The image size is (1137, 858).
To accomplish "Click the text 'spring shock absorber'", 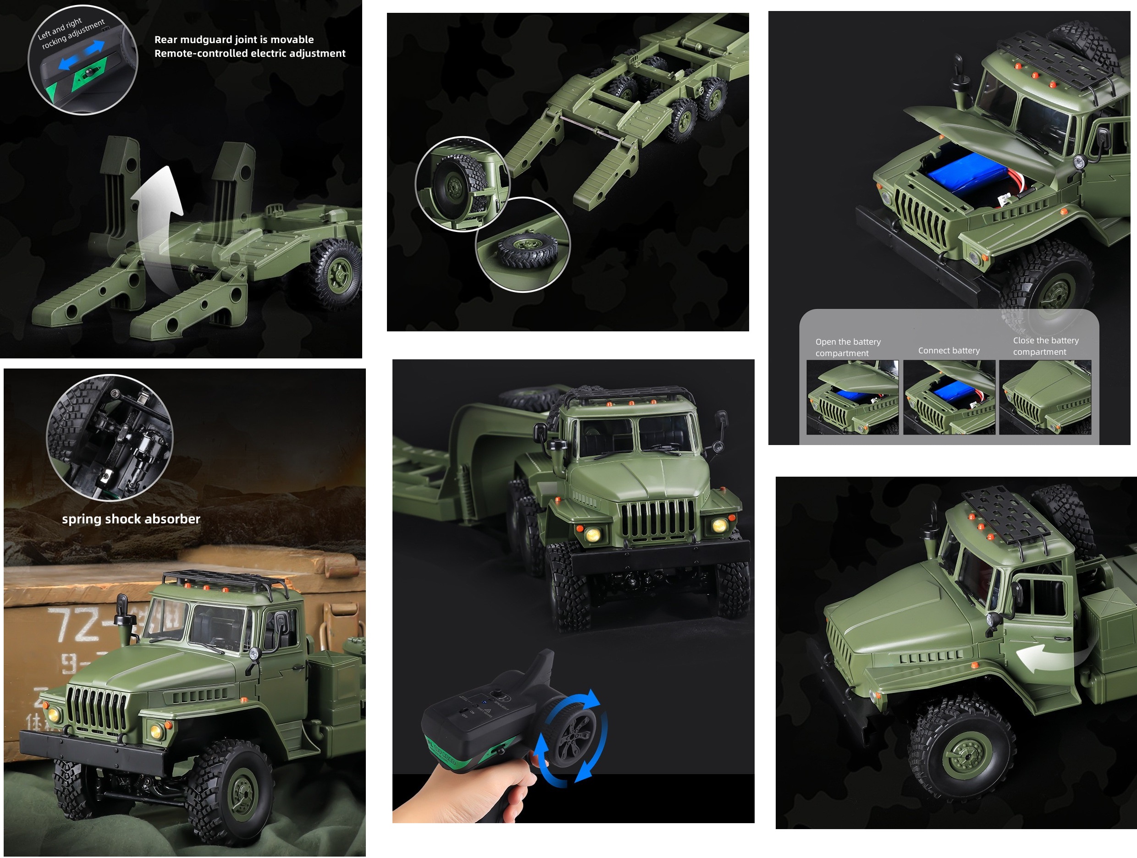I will [131, 519].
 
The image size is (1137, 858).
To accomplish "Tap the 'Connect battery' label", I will [949, 350].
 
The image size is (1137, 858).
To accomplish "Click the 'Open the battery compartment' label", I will [848, 347].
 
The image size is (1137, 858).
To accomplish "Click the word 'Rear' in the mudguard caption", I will [166, 39].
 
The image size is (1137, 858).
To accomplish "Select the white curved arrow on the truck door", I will [1043, 657].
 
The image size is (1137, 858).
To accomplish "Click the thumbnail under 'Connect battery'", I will [949, 397].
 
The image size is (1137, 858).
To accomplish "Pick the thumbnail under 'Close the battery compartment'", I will [1044, 397].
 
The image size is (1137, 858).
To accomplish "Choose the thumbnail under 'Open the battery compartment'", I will [852, 397].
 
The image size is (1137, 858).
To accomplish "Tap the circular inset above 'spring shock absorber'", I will [110, 438].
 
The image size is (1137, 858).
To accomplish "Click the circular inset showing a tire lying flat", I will [523, 245].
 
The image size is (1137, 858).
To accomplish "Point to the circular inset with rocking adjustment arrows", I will [82, 60].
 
